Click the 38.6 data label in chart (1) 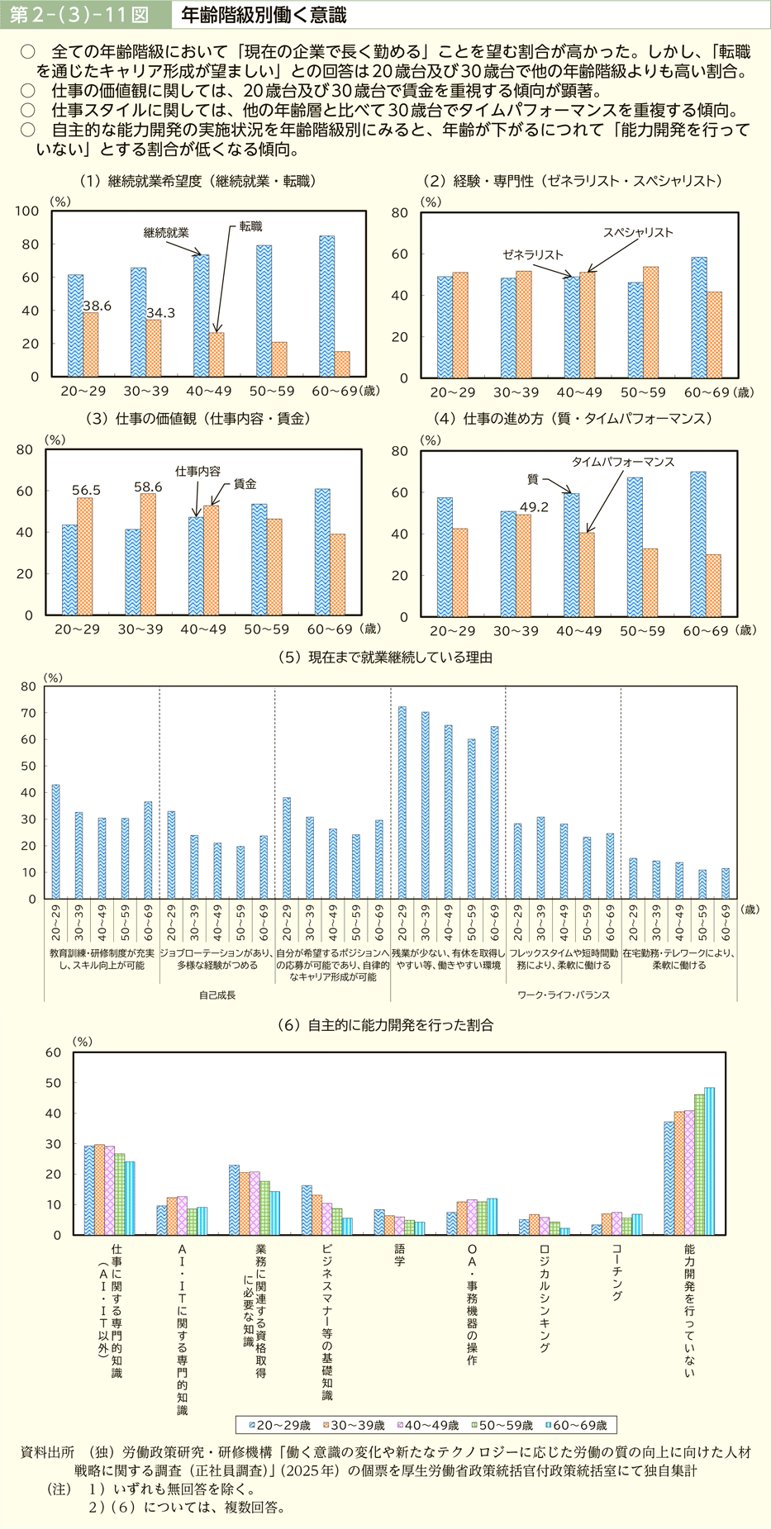click(97, 306)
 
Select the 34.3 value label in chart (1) click(160, 313)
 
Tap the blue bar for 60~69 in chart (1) click(327, 306)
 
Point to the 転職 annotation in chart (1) click(250, 226)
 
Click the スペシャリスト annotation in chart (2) click(637, 232)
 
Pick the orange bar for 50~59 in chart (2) click(650, 322)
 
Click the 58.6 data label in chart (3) click(148, 487)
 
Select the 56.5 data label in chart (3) click(85, 490)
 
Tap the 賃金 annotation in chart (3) click(245, 484)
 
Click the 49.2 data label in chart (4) click(534, 507)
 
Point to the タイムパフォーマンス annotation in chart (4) click(623, 462)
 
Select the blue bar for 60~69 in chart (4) click(698, 544)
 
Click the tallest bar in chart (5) click(402, 802)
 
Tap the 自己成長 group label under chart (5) click(217, 995)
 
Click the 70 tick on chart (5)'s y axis click(28, 713)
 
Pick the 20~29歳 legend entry click(279, 1425)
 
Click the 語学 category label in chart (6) click(399, 1256)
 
